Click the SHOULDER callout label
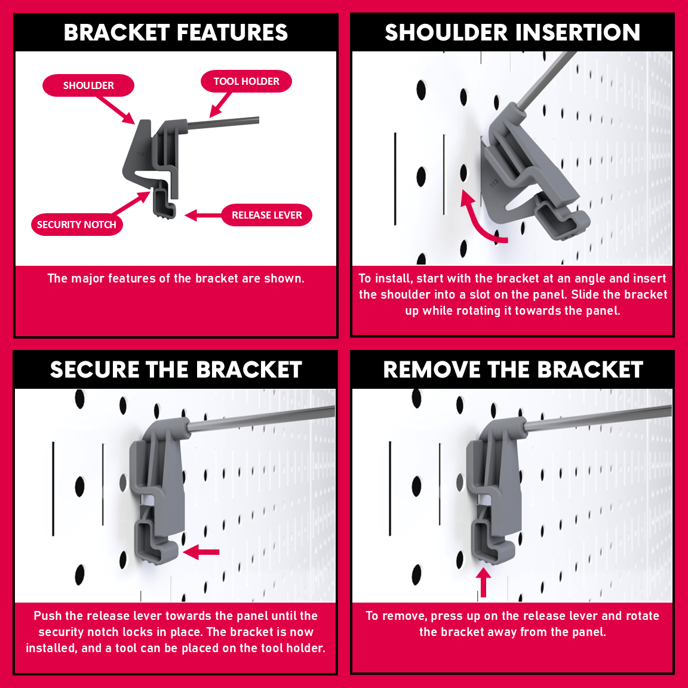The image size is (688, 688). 88,85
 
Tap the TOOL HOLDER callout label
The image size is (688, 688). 246,81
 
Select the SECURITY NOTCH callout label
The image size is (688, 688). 77,225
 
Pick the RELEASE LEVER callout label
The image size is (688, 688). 267,215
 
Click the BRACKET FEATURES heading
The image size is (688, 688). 176,32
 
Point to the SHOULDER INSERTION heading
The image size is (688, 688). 512,32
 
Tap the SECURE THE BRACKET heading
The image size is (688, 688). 176,370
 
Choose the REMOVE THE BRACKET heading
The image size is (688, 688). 513,370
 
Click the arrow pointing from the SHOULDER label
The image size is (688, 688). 116,110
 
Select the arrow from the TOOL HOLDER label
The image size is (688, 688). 220,105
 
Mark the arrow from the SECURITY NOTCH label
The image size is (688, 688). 131,202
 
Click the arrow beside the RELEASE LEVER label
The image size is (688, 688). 203,216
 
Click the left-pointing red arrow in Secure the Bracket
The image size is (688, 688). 201,552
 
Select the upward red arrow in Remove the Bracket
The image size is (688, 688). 484,582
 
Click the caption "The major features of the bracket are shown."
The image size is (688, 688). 176,278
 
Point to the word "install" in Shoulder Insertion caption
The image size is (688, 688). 394,278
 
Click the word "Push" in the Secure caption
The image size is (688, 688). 48,616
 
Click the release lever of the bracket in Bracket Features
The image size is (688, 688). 165,205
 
